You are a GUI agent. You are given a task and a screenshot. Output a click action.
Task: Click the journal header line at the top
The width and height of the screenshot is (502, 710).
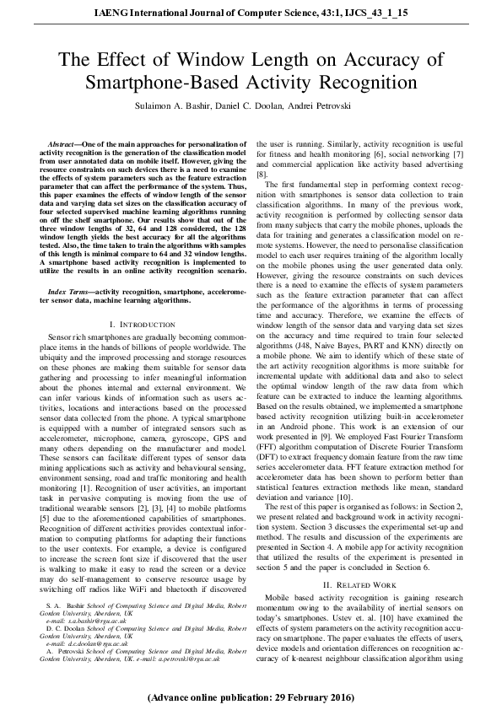coord(251,13)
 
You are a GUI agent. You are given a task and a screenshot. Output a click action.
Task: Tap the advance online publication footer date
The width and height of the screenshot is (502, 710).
coord(251,699)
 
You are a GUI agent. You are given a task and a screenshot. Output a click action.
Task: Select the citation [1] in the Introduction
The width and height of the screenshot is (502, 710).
coord(83,487)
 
